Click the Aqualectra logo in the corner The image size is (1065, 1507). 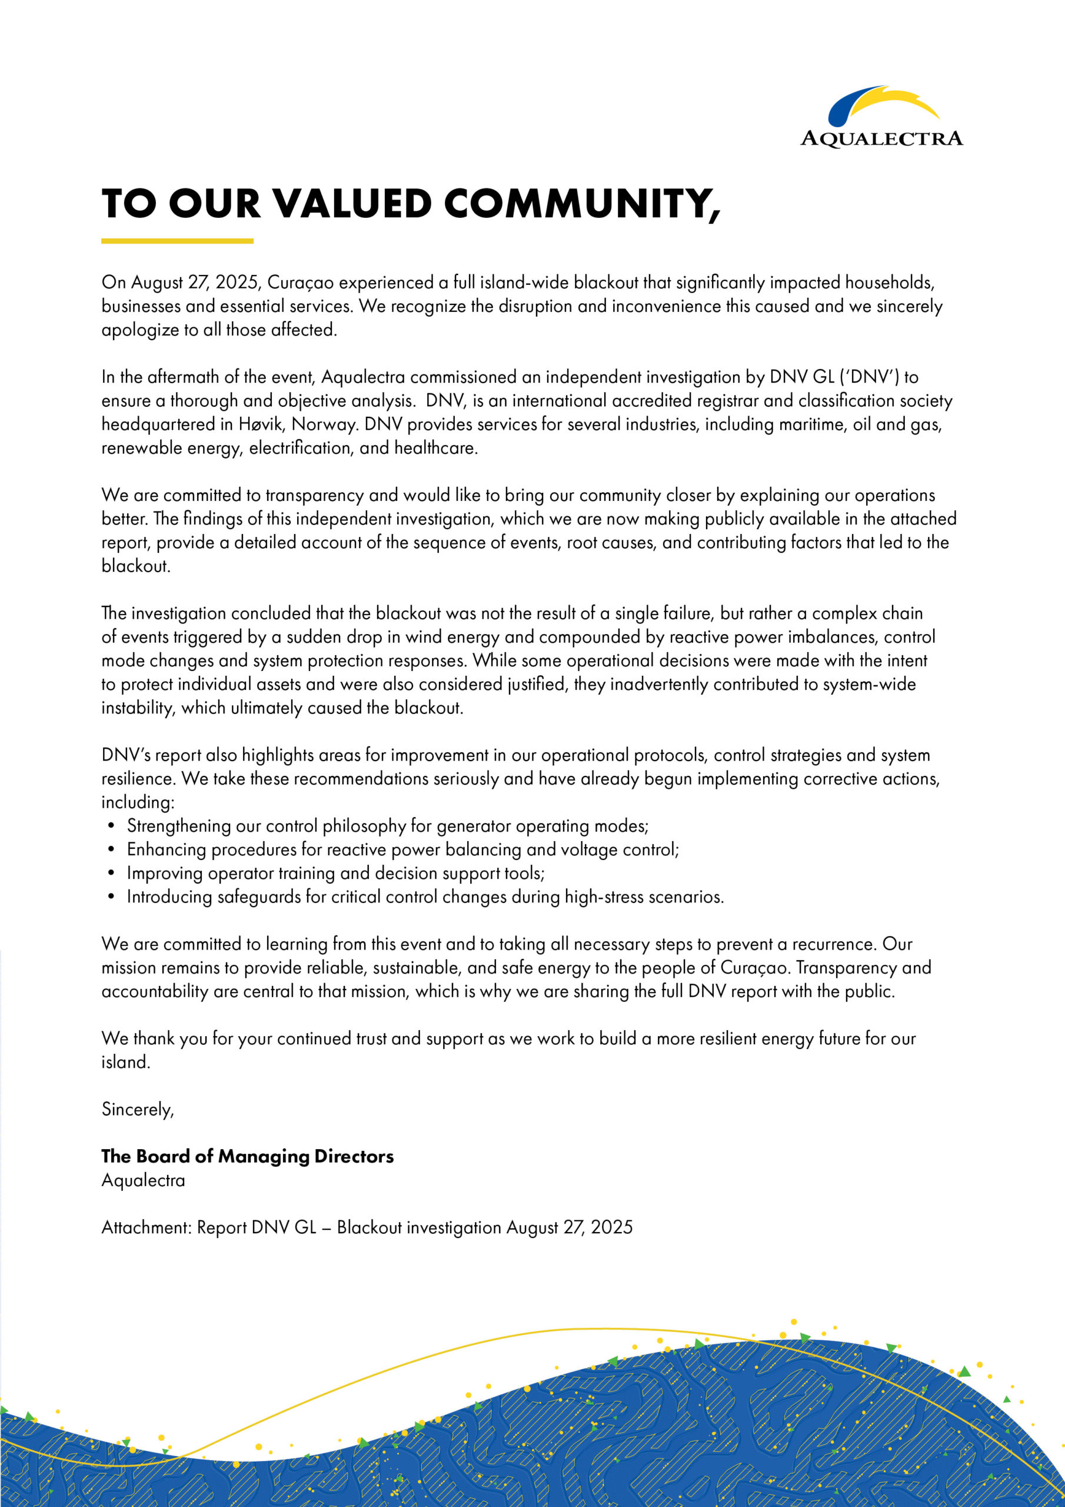tap(881, 117)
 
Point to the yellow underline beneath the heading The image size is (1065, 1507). tap(177, 241)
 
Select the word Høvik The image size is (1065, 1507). tap(261, 424)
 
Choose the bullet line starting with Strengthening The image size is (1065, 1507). tap(387, 826)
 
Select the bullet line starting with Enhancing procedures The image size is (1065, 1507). tap(402, 849)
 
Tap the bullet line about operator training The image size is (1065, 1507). tap(335, 873)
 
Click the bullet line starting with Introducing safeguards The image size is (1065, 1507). tap(425, 897)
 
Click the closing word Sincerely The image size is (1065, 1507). tap(137, 1109)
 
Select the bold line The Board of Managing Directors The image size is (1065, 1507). tap(247, 1157)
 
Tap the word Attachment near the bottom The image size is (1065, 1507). tap(146, 1227)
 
